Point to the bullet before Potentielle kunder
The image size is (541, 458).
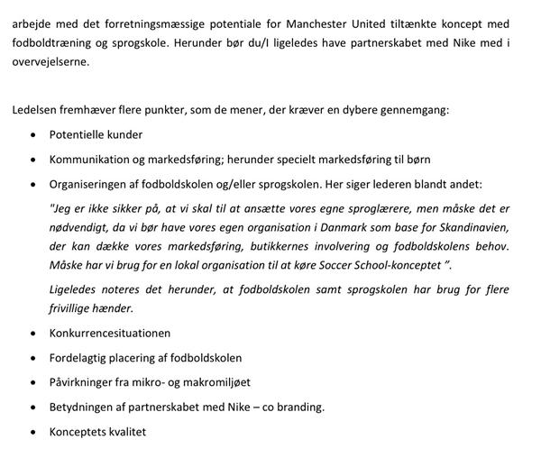click(34, 135)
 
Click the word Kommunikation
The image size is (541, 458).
click(93, 159)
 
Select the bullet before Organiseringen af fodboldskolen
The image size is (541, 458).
click(34, 182)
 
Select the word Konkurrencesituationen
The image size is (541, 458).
click(110, 333)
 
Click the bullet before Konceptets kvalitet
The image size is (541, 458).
click(34, 432)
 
